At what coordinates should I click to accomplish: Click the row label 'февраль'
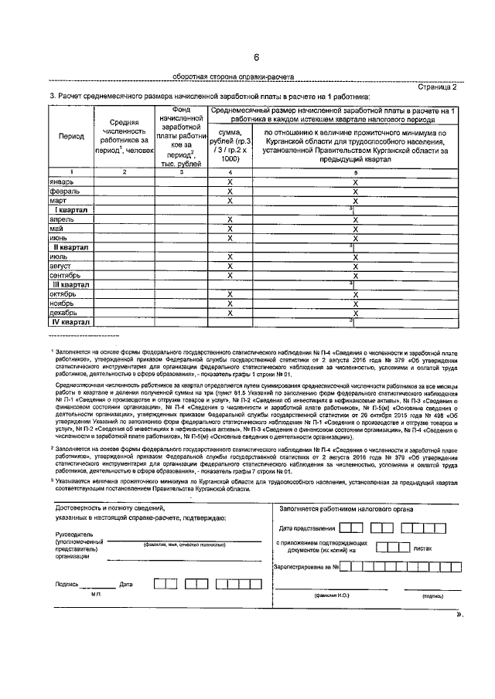63,190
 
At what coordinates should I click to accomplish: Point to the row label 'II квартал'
71,247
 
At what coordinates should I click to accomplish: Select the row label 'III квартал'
71,285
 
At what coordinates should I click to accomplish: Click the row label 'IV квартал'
71,322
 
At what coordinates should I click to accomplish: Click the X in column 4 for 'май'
230,229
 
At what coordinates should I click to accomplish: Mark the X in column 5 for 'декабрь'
354,313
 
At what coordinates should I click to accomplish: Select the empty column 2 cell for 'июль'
124,256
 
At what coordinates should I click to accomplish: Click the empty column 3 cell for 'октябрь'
181,294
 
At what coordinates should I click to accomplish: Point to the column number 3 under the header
181,171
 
